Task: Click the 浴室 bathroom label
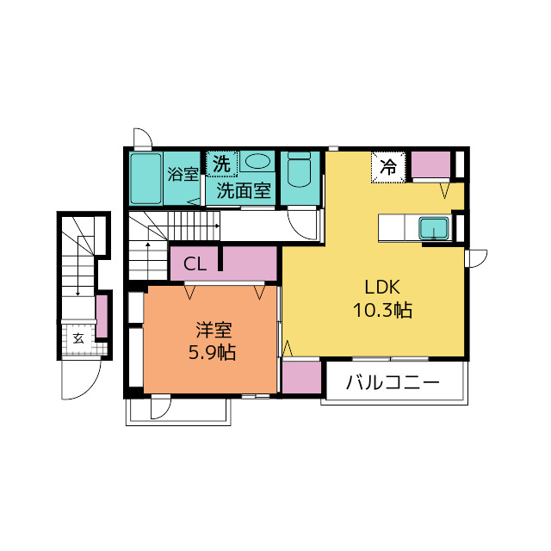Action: point(183,174)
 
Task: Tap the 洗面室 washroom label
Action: point(244,191)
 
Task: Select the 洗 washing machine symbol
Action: point(222,164)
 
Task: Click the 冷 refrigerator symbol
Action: point(388,167)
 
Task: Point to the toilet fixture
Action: point(299,169)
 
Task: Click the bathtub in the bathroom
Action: point(145,178)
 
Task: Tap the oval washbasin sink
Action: point(257,162)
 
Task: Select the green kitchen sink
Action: point(434,228)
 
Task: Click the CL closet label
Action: point(195,263)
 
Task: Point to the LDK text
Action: point(382,287)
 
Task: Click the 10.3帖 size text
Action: point(382,310)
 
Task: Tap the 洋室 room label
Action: point(214,330)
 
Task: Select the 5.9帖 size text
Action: point(212,352)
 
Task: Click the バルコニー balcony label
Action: point(393,382)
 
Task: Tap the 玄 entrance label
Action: point(78,338)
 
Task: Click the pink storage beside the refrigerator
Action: point(430,164)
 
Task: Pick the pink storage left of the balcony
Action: point(302,377)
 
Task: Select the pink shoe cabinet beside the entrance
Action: point(102,316)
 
